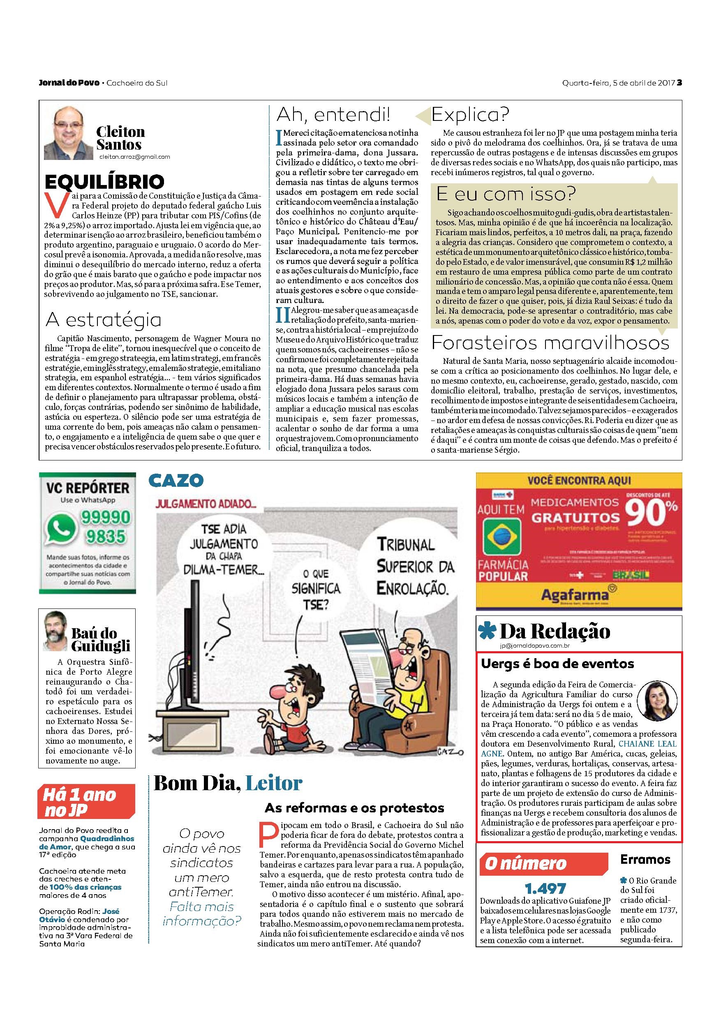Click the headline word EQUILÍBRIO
coord(105,181)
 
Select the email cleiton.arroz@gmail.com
coord(134,157)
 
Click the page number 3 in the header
coord(679,83)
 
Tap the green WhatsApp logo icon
coord(62,528)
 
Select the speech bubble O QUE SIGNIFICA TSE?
coord(316,589)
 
